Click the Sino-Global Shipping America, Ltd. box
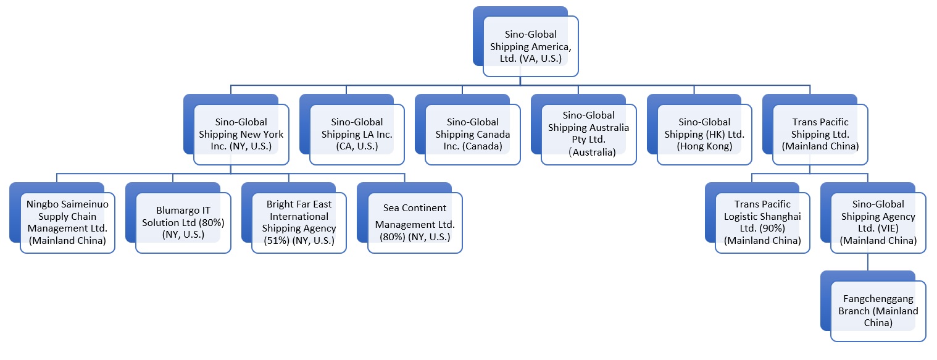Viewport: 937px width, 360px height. pos(530,46)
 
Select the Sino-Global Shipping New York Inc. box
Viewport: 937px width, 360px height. pos(241,135)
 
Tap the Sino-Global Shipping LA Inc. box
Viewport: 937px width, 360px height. pos(357,135)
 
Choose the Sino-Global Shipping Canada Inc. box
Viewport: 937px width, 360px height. pos(472,135)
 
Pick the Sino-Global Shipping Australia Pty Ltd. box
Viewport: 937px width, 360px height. pos(588,134)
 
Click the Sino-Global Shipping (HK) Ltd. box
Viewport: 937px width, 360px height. pos(704,135)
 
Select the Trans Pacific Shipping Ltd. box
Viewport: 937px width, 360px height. pos(820,135)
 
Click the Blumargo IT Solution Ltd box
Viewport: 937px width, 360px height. pos(183,223)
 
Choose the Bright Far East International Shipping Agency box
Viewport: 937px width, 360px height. pos(299,223)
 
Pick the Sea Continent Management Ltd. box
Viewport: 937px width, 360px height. pos(415,223)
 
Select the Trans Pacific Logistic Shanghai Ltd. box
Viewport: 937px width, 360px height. pos(762,223)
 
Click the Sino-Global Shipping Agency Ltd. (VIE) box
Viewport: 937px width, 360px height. pos(878,223)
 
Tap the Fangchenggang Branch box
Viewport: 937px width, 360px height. pos(878,311)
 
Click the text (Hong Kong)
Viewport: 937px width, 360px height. pos(704,147)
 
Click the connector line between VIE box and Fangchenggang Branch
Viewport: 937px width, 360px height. pos(867,262)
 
